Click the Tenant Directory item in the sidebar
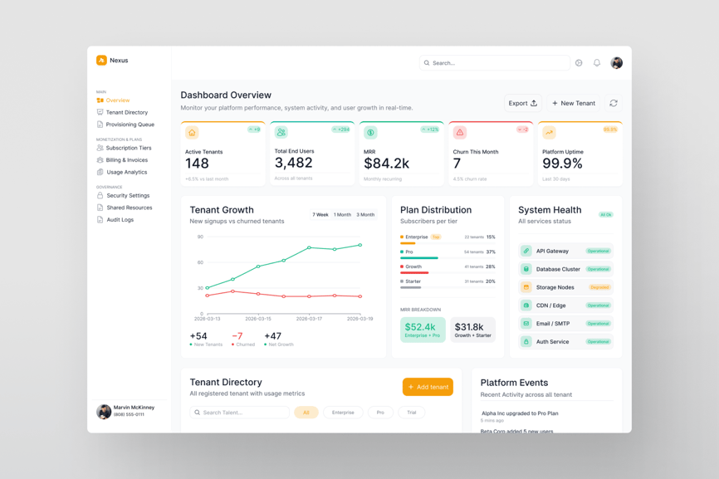tap(126, 112)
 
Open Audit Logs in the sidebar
tap(120, 220)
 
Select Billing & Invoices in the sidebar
tap(126, 160)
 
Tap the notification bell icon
tap(597, 63)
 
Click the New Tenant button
tap(574, 103)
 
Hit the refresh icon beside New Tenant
tap(614, 103)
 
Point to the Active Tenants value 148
tap(197, 164)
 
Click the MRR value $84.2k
tap(386, 164)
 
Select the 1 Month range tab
tap(342, 215)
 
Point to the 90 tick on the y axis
tap(200, 237)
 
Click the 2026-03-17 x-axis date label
tap(309, 319)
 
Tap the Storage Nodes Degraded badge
tap(599, 287)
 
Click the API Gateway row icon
tap(526, 251)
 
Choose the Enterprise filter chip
tap(343, 413)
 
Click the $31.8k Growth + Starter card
tap(472, 330)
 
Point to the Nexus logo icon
tap(101, 61)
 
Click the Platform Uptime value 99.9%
tap(562, 164)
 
